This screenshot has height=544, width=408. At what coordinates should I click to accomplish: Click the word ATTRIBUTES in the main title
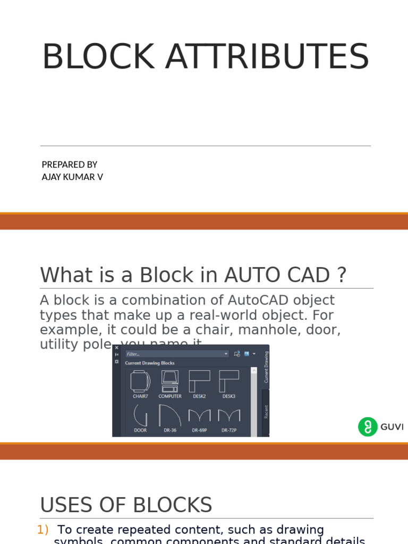pos(267,57)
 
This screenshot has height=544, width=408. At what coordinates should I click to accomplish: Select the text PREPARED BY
pos(70,165)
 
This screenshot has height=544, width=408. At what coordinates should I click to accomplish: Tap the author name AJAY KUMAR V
pos(72,177)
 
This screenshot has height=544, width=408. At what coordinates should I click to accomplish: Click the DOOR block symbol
pos(140,415)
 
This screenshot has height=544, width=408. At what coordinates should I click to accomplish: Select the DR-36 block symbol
pos(170,415)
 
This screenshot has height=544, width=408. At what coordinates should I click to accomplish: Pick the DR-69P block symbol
pos(199,415)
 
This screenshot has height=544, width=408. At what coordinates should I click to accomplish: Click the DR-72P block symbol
pos(229,415)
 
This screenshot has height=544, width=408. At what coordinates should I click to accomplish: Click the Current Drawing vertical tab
pos(266,367)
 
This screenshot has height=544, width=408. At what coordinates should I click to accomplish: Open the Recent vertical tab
pos(266,412)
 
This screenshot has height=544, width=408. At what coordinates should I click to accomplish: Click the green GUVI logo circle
pos(368,427)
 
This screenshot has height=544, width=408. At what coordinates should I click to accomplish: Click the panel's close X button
pos(117,348)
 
